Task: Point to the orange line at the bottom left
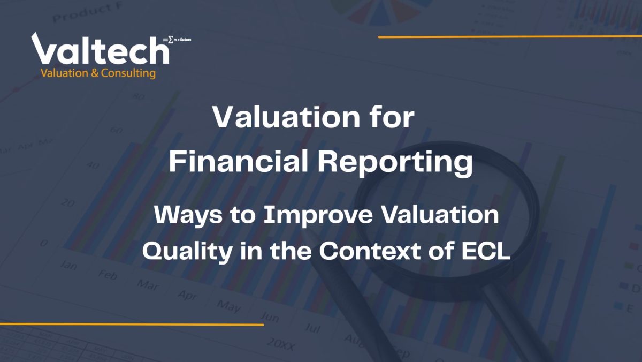pyautogui.click(x=132, y=325)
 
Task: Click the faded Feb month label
pyautogui.click(x=107, y=275)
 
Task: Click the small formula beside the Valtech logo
pyautogui.click(x=177, y=40)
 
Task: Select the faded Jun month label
pyautogui.click(x=269, y=317)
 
